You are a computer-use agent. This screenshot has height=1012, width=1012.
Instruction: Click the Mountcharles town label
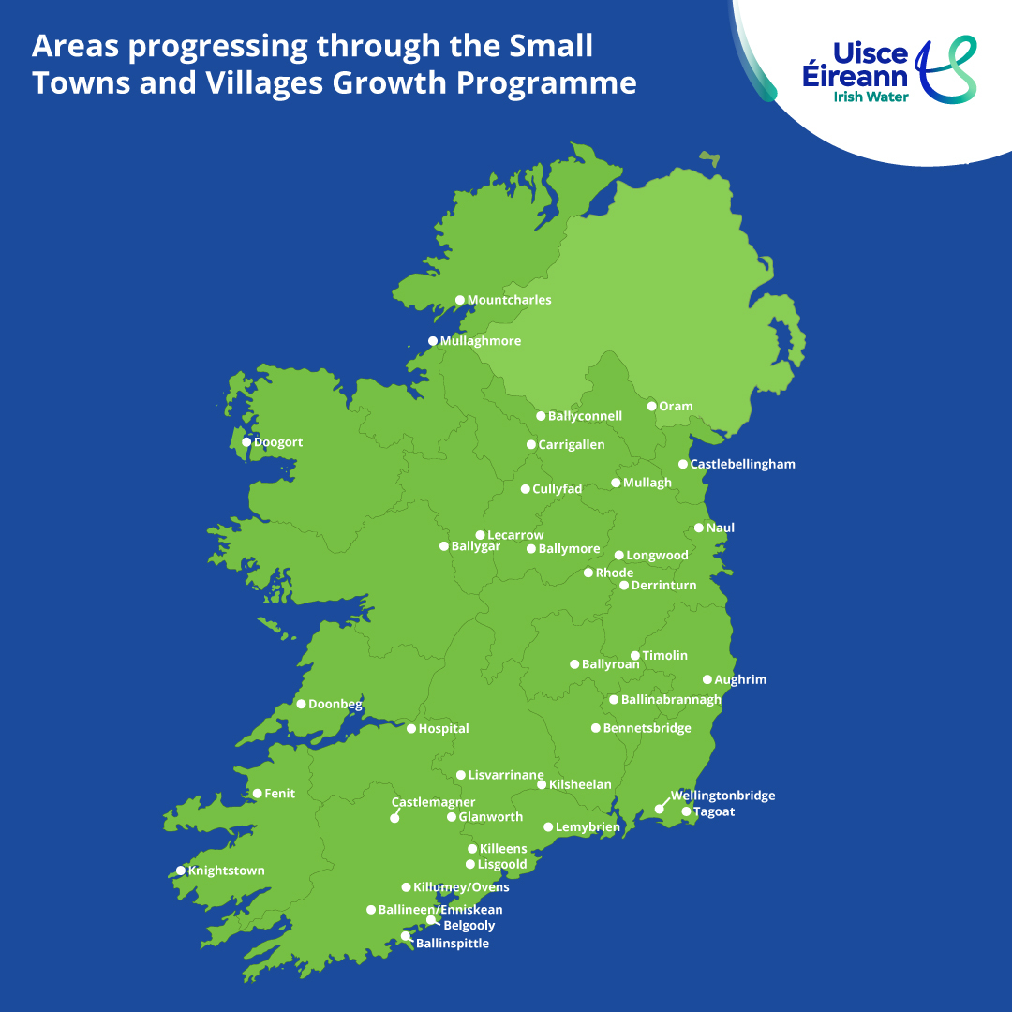click(509, 300)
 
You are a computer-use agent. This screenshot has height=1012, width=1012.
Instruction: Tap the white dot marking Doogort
click(246, 442)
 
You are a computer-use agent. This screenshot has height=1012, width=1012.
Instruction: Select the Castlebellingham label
click(742, 464)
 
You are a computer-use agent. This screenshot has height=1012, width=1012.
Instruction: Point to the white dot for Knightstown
click(181, 871)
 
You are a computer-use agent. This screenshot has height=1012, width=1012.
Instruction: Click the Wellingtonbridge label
click(722, 796)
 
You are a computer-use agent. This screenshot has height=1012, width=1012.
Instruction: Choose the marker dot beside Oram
click(652, 406)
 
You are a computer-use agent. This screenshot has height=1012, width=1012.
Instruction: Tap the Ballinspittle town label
click(452, 944)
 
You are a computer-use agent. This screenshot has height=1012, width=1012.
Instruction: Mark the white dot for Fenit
click(258, 794)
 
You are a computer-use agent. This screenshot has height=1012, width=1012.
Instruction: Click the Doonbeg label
click(335, 704)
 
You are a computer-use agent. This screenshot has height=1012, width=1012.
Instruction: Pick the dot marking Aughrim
click(707, 679)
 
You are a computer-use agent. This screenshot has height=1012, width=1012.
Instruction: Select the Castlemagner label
click(433, 802)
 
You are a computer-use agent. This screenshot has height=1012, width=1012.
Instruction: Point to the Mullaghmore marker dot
click(433, 341)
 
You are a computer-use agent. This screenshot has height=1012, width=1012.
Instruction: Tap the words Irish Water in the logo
click(872, 96)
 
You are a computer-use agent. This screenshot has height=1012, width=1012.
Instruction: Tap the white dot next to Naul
click(699, 528)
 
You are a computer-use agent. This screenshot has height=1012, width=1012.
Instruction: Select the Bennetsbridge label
click(647, 728)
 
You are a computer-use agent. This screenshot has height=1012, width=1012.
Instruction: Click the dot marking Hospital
click(411, 728)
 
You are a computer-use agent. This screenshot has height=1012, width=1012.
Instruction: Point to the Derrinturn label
click(663, 585)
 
